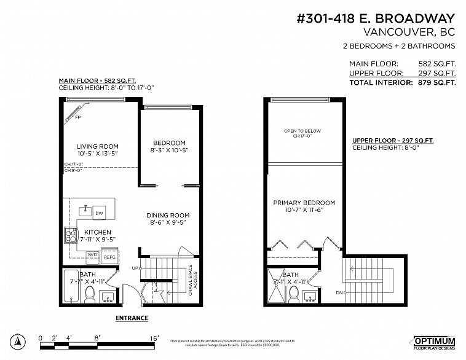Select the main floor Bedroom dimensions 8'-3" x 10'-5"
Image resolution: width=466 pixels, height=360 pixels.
169,150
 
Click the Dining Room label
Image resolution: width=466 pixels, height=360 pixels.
168,215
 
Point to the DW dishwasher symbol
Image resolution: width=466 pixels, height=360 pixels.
98,213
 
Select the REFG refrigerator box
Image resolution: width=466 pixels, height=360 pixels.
109,257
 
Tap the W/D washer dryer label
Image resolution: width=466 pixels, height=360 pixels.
92,254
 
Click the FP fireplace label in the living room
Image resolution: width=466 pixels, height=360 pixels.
77,117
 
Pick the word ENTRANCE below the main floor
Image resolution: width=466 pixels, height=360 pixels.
132,318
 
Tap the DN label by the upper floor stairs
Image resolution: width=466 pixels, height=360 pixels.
338,293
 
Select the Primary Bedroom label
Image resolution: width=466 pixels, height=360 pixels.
304,203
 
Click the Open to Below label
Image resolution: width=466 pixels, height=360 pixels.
302,131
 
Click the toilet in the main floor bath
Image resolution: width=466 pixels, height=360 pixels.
89,295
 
